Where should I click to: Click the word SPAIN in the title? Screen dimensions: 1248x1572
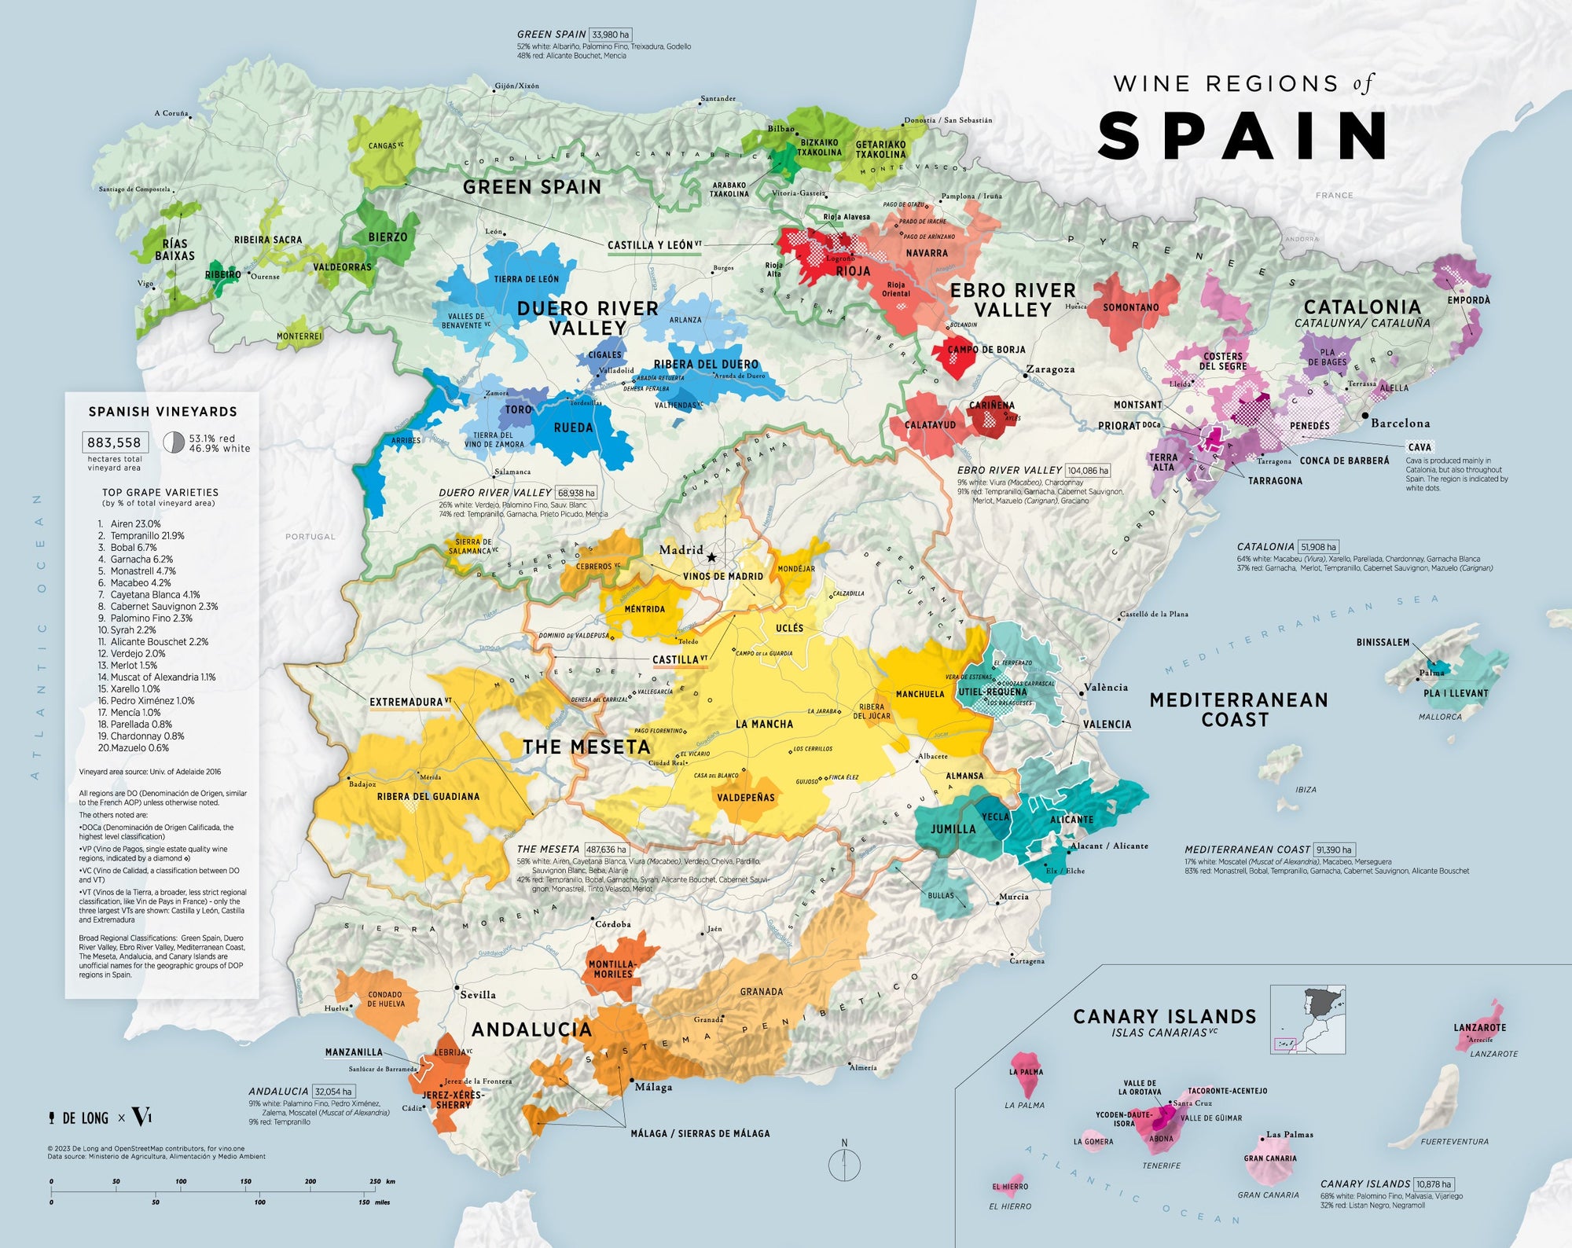point(1242,136)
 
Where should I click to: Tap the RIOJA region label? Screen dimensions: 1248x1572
point(853,271)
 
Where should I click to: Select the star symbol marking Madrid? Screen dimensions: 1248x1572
point(711,557)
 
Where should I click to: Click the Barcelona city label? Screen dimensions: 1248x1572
point(1400,423)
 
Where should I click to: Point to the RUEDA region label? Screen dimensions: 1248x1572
point(573,428)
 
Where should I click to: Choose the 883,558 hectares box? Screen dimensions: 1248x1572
point(114,442)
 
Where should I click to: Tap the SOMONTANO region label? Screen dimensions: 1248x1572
point(1130,307)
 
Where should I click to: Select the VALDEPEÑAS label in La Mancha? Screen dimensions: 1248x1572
point(745,798)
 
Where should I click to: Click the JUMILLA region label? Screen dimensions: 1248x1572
point(953,829)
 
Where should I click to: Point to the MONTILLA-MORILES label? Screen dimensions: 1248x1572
point(612,969)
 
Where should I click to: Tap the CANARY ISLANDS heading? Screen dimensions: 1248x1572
point(1164,1017)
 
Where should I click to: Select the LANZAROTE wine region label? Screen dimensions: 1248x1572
point(1479,1027)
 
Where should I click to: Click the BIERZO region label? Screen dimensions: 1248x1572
point(387,237)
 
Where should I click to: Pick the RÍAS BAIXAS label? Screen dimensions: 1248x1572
point(174,250)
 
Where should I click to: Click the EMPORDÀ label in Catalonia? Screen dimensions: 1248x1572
point(1468,300)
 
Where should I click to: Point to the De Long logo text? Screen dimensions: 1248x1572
point(85,1118)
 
